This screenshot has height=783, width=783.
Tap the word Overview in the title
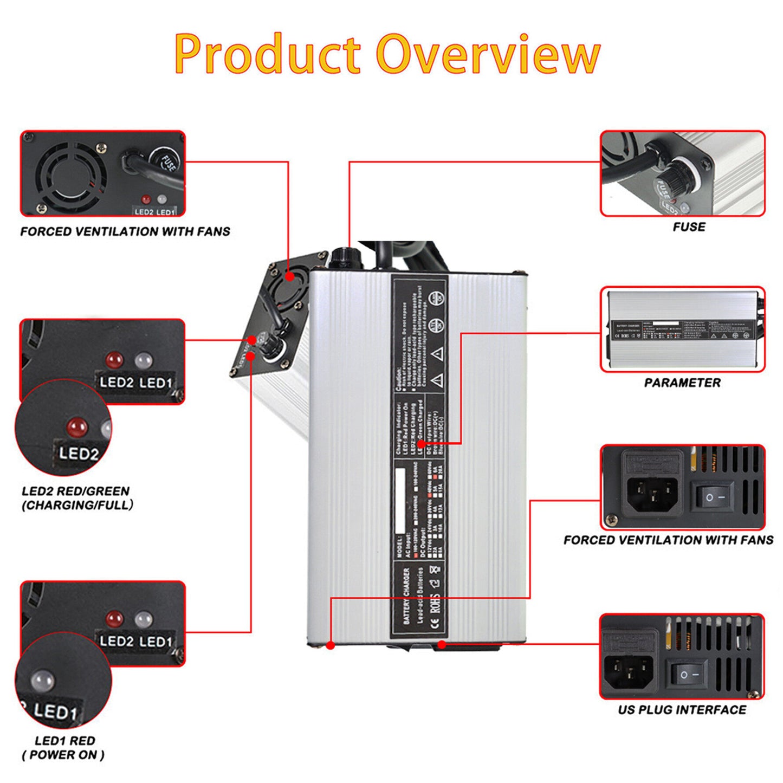488,54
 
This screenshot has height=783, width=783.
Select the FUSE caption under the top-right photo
689,227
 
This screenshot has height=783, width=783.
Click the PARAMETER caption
682,383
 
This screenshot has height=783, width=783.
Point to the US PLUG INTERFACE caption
682,710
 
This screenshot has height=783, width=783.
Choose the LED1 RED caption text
64,741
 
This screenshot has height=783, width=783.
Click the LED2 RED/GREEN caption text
76,491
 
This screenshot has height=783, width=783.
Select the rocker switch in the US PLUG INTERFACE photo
689,675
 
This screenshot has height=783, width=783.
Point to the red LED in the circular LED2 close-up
77,427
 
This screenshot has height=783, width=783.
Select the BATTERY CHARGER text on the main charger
406,596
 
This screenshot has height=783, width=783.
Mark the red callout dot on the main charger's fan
290,276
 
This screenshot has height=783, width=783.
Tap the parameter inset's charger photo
682,329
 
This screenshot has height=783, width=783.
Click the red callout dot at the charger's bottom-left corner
330,645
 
